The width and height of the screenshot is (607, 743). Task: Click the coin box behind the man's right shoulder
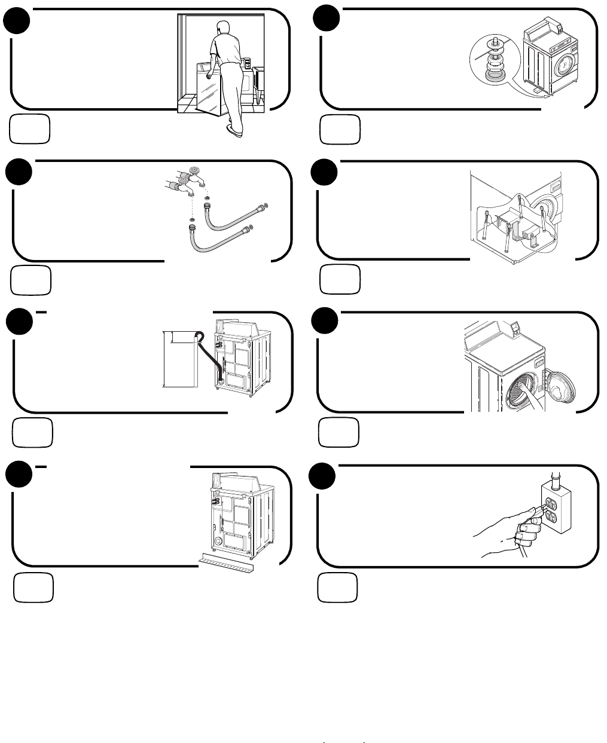[x=246, y=63]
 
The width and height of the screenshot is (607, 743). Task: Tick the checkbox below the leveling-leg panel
[x=340, y=130]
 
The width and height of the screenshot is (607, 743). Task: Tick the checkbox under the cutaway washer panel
[x=340, y=280]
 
